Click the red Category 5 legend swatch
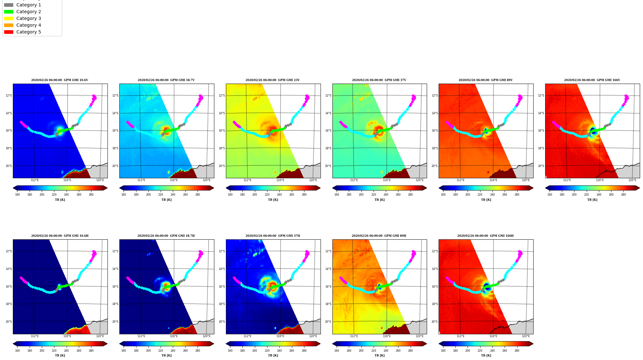(9, 32)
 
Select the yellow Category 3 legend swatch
(9, 19)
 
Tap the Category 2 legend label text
(29, 12)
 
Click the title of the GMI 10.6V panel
(60, 80)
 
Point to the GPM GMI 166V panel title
(592, 80)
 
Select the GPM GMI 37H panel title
(273, 236)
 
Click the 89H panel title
(379, 236)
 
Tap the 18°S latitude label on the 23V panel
(222, 148)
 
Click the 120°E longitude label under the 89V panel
(526, 180)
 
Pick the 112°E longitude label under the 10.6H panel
(35, 336)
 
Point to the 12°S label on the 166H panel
(434, 251)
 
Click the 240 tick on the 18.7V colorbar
(173, 195)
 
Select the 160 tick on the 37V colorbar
(337, 195)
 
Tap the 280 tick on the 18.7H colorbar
(198, 351)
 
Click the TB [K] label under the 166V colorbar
(592, 200)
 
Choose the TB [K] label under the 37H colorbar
(273, 355)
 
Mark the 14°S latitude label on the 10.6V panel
(9, 113)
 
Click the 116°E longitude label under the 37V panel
(387, 180)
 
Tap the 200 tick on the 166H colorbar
(468, 351)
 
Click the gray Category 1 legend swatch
(9, 5)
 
